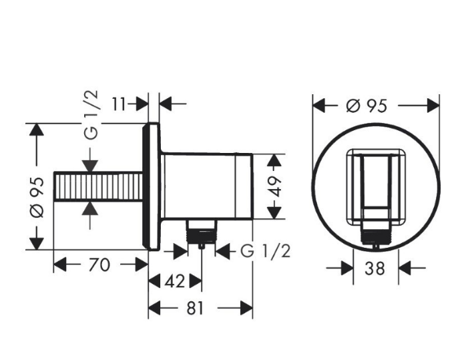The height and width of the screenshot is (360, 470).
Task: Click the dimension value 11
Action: [119, 104]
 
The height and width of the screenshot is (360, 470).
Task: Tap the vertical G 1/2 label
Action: [91, 115]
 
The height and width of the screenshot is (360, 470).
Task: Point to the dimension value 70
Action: [99, 265]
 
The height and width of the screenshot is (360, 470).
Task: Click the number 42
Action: [174, 281]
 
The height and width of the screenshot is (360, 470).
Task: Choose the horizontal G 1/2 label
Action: [265, 251]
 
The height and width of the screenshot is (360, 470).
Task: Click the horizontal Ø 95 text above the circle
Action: [368, 106]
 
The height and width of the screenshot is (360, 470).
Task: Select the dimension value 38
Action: [375, 268]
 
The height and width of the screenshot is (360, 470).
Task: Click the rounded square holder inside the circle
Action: [376, 186]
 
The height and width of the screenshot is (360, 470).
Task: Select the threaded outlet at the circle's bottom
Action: [376, 234]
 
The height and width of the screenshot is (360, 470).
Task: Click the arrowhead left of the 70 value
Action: [60, 265]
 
